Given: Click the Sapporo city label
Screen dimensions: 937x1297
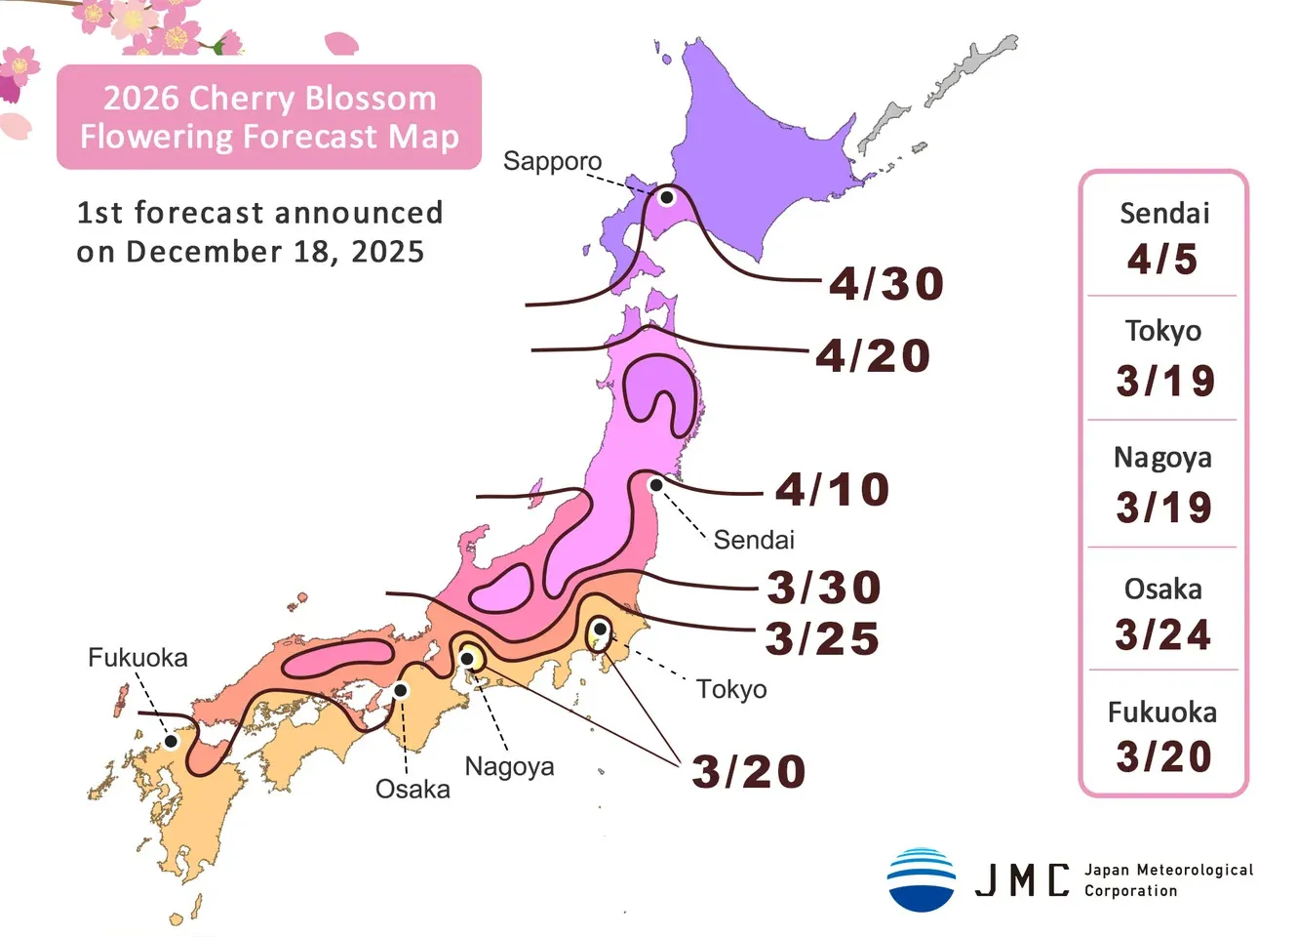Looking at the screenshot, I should coord(552,161).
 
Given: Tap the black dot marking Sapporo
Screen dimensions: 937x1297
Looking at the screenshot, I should coord(667,197).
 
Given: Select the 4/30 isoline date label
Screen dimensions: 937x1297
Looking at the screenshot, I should coord(886,284).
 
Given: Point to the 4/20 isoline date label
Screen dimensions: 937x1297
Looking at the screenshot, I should coord(873,355).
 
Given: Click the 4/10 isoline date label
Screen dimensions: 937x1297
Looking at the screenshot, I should coord(833,489).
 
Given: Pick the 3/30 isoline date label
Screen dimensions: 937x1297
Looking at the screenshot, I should coord(824,588).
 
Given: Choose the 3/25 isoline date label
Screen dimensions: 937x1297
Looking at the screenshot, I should coord(822,639).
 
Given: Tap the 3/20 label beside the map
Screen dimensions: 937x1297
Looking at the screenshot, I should coord(749,772).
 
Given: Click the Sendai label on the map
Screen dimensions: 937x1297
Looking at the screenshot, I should coord(754,540).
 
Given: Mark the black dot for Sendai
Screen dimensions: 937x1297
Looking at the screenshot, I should coord(656,485).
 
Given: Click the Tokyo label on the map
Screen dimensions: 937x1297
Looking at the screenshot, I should coord(731,689).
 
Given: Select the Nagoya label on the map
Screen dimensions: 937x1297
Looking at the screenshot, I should coord(509,766).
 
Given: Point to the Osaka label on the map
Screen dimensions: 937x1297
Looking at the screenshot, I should coord(413,789).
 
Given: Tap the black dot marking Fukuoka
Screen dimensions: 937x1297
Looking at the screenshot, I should coord(171,741).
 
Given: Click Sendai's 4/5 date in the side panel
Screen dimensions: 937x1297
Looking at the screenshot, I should coord(1162,260).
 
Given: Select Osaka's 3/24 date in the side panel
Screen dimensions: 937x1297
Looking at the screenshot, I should coord(1162,635).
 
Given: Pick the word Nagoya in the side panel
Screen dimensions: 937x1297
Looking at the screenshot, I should coord(1162,458).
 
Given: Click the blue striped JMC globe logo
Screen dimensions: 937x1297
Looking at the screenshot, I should coord(922,879).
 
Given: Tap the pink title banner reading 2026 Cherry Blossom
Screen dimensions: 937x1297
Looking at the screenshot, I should coord(269,117).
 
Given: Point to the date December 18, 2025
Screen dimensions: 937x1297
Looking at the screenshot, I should coord(276,252).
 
